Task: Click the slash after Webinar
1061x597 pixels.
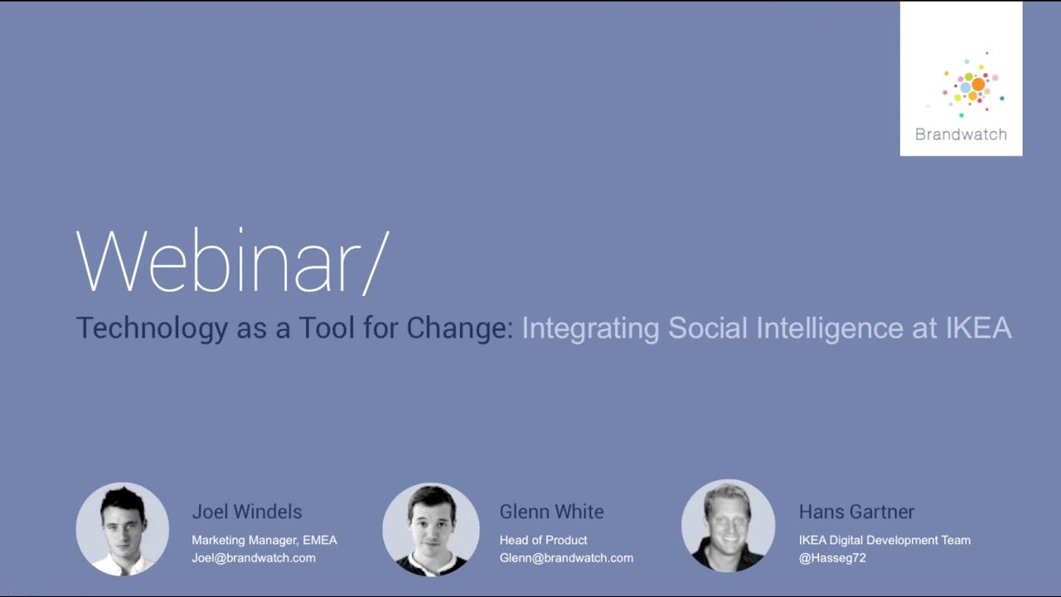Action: click(x=375, y=261)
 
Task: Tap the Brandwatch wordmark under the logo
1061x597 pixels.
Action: click(x=961, y=134)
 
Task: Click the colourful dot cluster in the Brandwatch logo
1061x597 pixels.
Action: click(x=971, y=85)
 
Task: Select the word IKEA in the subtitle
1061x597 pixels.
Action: click(x=978, y=328)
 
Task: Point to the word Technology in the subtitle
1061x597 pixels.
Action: click(x=152, y=328)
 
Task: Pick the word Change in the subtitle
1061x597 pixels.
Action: click(x=458, y=328)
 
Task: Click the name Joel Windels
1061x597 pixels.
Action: click(x=247, y=512)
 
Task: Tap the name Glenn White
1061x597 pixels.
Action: click(x=551, y=512)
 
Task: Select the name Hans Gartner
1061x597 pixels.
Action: click(x=856, y=512)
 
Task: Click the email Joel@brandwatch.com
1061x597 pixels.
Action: click(x=254, y=558)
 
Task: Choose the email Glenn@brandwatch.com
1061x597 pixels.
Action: click(x=566, y=558)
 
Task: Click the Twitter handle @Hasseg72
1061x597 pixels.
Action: click(x=832, y=558)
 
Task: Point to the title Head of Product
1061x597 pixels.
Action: click(x=543, y=540)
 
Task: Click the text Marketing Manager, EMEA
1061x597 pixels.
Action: click(x=264, y=540)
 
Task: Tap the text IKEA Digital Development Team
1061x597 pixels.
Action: click(x=884, y=540)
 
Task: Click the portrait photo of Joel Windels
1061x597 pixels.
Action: click(x=123, y=529)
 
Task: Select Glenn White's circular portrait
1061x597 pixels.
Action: click(x=431, y=529)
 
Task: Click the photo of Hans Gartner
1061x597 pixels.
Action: click(x=728, y=526)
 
